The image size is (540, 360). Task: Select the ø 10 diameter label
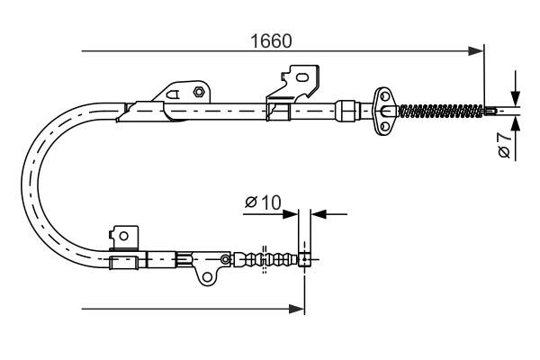click(x=262, y=203)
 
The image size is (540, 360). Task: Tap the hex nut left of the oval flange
click(x=345, y=111)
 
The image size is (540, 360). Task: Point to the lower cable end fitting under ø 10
click(x=305, y=260)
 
